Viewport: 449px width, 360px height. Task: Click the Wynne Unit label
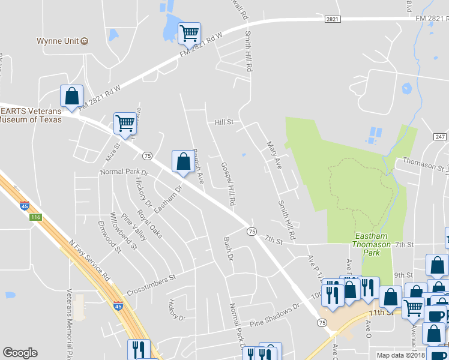coord(57,41)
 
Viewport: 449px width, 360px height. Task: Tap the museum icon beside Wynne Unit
coord(85,41)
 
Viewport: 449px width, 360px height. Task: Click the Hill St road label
coord(223,122)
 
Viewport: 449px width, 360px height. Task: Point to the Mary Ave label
coord(274,155)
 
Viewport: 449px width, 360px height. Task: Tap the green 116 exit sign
coord(36,216)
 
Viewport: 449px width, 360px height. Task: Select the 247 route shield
coord(440,137)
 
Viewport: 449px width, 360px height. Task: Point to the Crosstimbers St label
coord(150,280)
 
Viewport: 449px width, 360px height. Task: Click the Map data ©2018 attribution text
coord(400,355)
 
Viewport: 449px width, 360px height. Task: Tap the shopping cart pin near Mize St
coord(125,123)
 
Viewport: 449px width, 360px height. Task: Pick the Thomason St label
coord(426,163)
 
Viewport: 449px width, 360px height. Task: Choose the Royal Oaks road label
coord(149,224)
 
